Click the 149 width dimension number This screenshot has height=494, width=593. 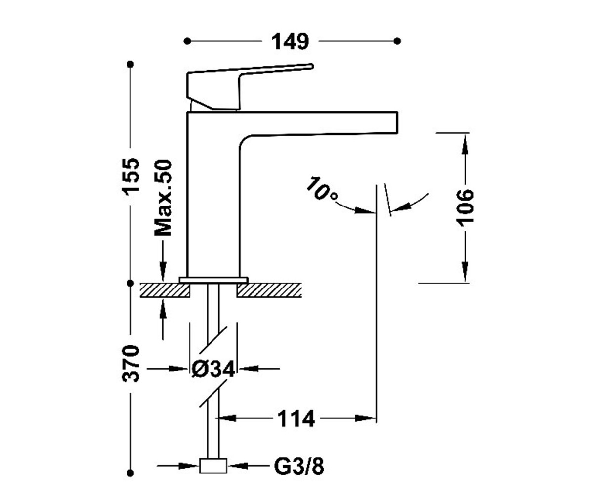290,41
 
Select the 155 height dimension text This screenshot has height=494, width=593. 131,176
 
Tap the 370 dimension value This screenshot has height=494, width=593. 131,364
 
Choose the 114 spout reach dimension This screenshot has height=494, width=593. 296,418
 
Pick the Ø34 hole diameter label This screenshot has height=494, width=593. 213,369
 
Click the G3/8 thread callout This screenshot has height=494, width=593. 299,466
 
